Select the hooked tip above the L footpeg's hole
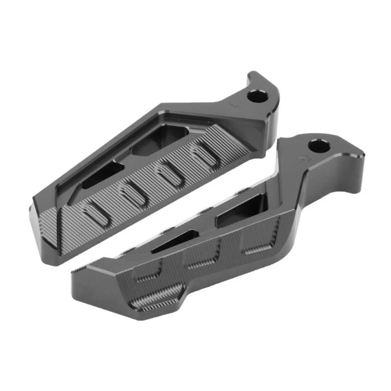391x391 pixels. pos(255,77)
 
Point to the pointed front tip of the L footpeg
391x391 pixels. pos(39,205)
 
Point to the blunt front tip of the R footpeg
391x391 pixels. pos(81,288)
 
